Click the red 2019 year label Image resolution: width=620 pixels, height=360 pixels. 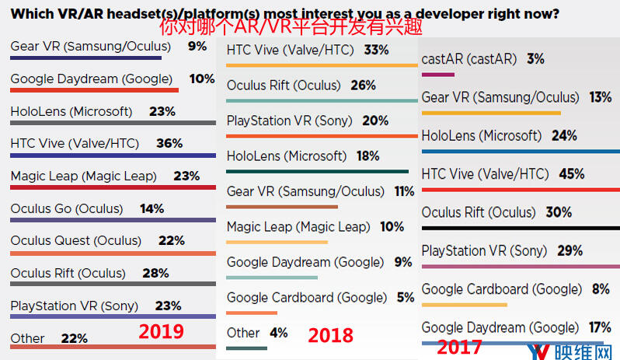coord(161,331)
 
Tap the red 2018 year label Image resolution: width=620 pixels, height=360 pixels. coord(330,335)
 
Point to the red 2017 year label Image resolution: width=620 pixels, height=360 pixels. coord(458,348)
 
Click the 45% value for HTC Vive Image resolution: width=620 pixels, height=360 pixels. coord(571,174)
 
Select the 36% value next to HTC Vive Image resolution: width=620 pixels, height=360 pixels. coord(169,143)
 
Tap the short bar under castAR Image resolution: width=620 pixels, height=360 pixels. coord(437,74)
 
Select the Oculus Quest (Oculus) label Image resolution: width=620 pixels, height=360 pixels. coord(76,241)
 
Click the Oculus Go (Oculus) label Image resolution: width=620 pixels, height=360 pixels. coord(67,208)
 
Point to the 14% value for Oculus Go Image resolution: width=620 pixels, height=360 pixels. coord(152,208)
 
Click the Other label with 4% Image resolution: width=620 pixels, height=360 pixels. coord(243,333)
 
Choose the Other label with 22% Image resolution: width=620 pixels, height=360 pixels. coord(28,338)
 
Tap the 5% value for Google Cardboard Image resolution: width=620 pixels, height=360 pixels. coord(404,297)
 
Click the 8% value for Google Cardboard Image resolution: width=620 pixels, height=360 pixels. coord(600,289)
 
